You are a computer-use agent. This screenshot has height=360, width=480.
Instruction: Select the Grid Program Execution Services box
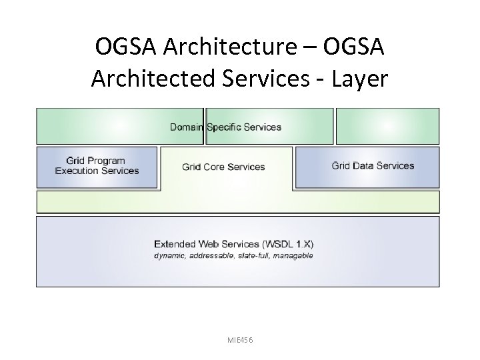pos(97,167)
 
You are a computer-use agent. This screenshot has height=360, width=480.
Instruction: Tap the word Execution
pos(77,171)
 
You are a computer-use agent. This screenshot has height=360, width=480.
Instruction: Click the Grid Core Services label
pos(223,167)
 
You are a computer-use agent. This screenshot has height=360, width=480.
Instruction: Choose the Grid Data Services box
pos(367,167)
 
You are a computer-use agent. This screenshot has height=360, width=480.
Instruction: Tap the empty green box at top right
pos(387,126)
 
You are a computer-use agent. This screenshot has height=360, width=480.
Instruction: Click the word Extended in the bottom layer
pos(174,243)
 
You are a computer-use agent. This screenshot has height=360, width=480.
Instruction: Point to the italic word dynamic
pos(169,255)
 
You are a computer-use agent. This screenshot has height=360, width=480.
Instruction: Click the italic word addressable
pos(210,255)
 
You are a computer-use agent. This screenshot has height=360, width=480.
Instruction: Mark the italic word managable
pos(293,255)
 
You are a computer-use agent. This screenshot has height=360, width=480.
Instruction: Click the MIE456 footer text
pos(240,341)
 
